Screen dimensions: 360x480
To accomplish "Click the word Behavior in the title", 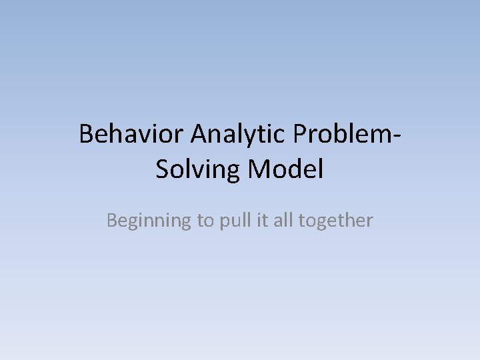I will tap(131, 135).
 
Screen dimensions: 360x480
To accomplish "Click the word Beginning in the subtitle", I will tap(148, 221).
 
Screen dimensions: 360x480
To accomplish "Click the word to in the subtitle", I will tap(203, 221).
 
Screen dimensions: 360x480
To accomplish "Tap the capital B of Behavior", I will tap(87, 135).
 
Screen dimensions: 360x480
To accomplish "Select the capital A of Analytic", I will tap(200, 135).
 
